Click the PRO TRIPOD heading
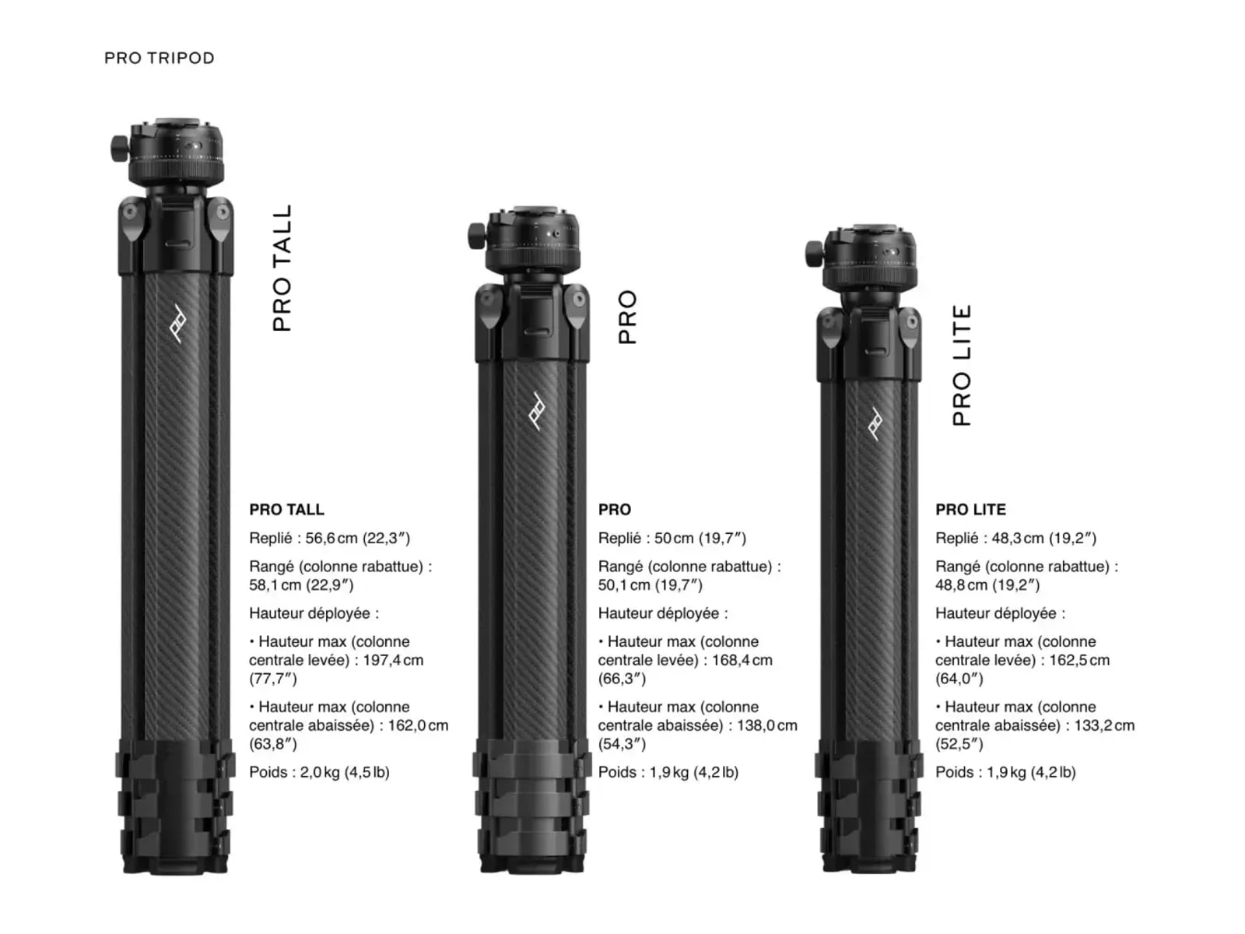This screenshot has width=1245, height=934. [x=160, y=58]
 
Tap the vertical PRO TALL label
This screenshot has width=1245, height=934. [x=282, y=268]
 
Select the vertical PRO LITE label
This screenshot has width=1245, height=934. [x=962, y=365]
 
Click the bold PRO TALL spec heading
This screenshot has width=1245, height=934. [x=287, y=509]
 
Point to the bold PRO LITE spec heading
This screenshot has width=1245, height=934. [x=970, y=509]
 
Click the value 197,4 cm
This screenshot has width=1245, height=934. [x=393, y=660]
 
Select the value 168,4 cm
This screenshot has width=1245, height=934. [x=742, y=660]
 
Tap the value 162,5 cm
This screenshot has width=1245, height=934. [x=1079, y=660]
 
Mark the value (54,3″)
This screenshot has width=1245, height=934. [x=622, y=744]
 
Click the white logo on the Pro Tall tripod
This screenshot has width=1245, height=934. [x=178, y=323]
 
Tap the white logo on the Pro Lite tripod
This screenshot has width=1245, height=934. [x=875, y=423]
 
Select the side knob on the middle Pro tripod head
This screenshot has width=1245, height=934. [x=477, y=236]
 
